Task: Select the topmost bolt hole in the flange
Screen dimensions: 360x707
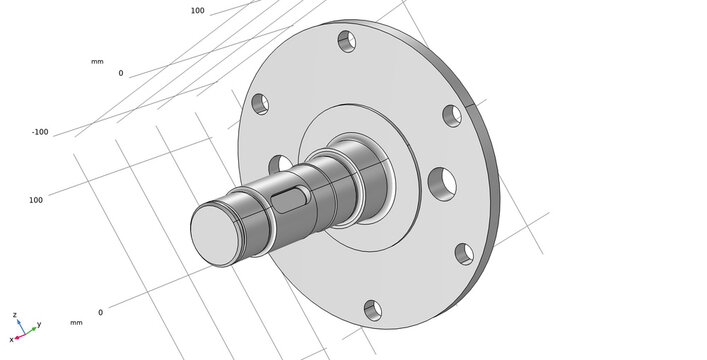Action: pyautogui.click(x=346, y=42)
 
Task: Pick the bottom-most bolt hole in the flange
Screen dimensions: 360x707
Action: pyautogui.click(x=373, y=311)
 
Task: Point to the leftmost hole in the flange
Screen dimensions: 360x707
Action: pyautogui.click(x=259, y=103)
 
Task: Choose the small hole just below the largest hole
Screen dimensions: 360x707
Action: pyautogui.click(x=464, y=254)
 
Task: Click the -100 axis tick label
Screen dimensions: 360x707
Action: pyautogui.click(x=40, y=132)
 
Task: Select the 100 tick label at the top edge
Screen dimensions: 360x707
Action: pyautogui.click(x=197, y=11)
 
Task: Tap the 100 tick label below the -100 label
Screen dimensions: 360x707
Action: pyautogui.click(x=36, y=200)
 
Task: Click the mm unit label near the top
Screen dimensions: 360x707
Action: pyautogui.click(x=97, y=62)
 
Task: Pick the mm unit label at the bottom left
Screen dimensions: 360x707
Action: pyautogui.click(x=76, y=323)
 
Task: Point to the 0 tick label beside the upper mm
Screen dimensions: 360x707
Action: pyautogui.click(x=121, y=73)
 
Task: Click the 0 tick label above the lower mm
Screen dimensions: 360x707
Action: pyautogui.click(x=100, y=312)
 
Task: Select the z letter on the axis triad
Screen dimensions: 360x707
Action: pyautogui.click(x=15, y=315)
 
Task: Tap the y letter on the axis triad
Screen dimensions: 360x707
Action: pyautogui.click(x=38, y=325)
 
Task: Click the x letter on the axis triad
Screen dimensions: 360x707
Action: pyautogui.click(x=11, y=340)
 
